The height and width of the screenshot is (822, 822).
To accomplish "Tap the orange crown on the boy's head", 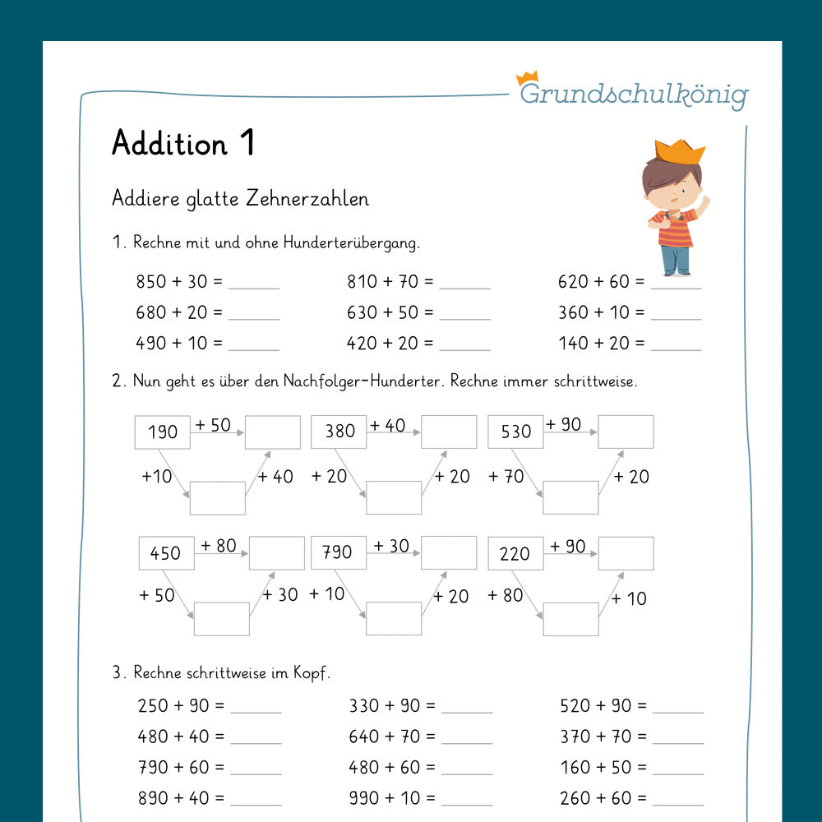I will pyautogui.click(x=678, y=152).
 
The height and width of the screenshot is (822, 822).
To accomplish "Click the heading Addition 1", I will pyautogui.click(x=183, y=144).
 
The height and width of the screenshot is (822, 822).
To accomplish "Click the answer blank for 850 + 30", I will pyautogui.click(x=254, y=284).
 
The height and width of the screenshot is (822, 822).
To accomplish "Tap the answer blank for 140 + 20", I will pyautogui.click(x=677, y=345).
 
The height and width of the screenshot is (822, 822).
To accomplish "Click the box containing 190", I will pyautogui.click(x=162, y=432).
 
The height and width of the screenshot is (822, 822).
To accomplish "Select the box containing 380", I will pyautogui.click(x=339, y=432).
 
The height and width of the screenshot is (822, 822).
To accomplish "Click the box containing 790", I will pyautogui.click(x=339, y=552).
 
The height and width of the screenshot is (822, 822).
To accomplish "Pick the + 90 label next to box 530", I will pyautogui.click(x=563, y=425).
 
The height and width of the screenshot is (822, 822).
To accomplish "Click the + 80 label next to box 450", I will pyautogui.click(x=218, y=546).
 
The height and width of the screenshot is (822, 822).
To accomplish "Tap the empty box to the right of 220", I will pyautogui.click(x=626, y=553).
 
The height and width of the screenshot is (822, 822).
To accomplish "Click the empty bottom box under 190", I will pyautogui.click(x=217, y=498).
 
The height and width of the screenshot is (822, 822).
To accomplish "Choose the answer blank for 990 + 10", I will pyautogui.click(x=466, y=799).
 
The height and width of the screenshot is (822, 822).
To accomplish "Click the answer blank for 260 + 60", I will pyautogui.click(x=677, y=799).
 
